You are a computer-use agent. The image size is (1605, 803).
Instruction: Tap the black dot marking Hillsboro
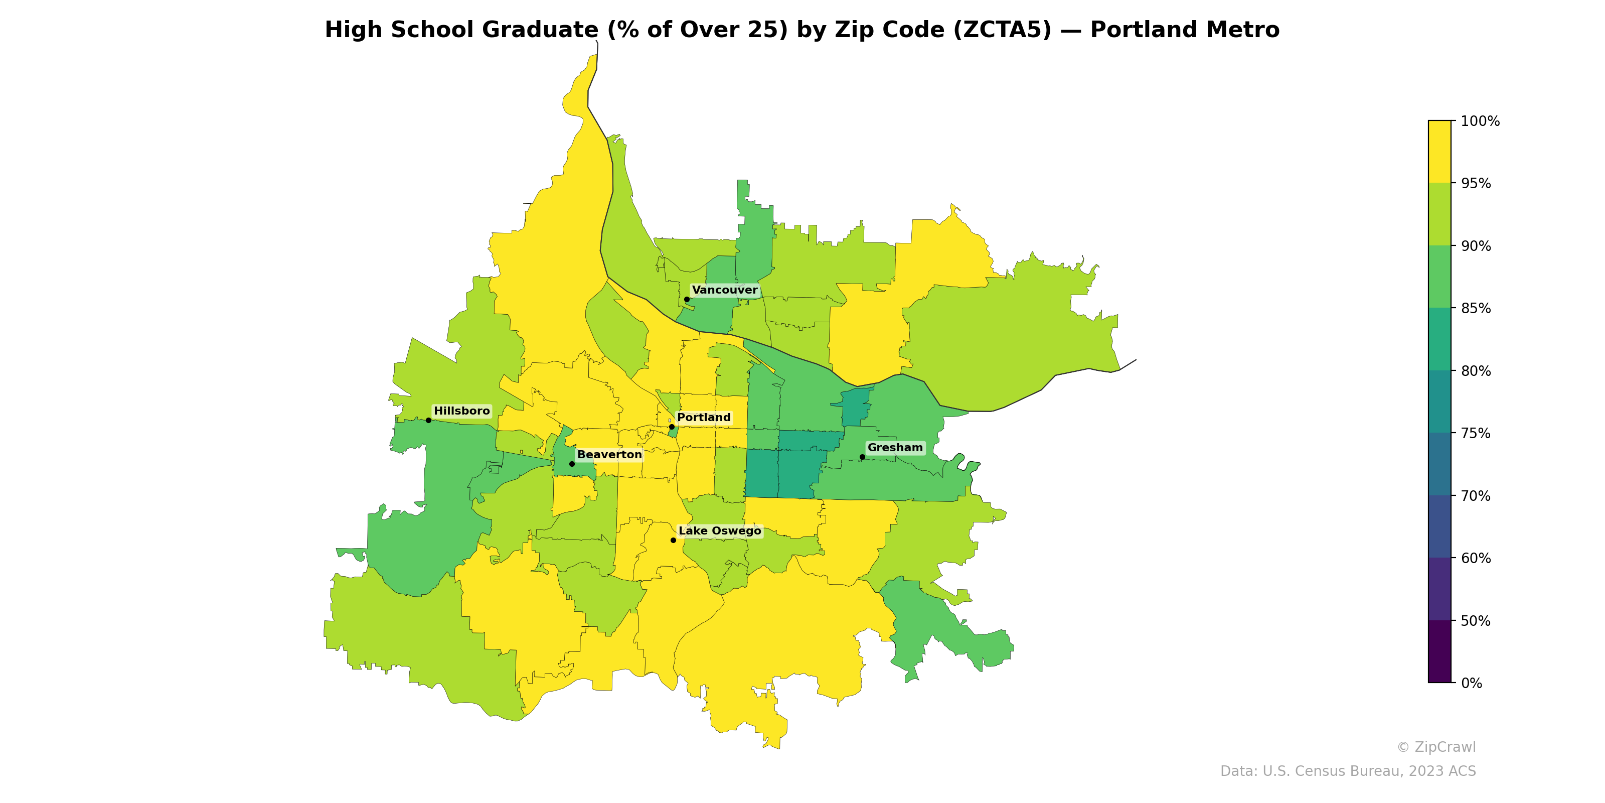pos(428,420)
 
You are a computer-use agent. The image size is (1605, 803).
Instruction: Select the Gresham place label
pos(895,448)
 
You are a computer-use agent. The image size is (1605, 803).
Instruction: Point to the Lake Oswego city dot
pos(673,540)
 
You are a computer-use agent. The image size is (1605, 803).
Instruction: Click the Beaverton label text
pos(609,455)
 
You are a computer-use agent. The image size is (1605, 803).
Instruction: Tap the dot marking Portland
pos(671,427)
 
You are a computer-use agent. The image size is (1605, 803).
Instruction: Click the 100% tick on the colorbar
pos(1480,121)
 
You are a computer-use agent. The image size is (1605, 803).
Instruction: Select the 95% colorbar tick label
pos(1476,183)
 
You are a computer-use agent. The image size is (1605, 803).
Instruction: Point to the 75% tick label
pos(1476,433)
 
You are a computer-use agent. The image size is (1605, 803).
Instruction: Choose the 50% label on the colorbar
pos(1476,621)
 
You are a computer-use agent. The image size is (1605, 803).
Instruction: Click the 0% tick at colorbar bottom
pos(1471,683)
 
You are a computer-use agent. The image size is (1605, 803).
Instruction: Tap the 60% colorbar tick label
pos(1476,558)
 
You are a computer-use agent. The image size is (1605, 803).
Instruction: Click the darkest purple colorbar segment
pos(1439,651)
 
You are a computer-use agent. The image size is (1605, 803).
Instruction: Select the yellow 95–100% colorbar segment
pos(1439,152)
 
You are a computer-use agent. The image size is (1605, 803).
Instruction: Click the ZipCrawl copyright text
pos(1435,747)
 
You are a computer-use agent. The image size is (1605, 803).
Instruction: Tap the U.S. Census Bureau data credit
pos(1347,771)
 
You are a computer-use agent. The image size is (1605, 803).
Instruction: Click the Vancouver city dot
pos(687,299)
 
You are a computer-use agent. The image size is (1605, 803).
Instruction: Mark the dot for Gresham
pos(862,457)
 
